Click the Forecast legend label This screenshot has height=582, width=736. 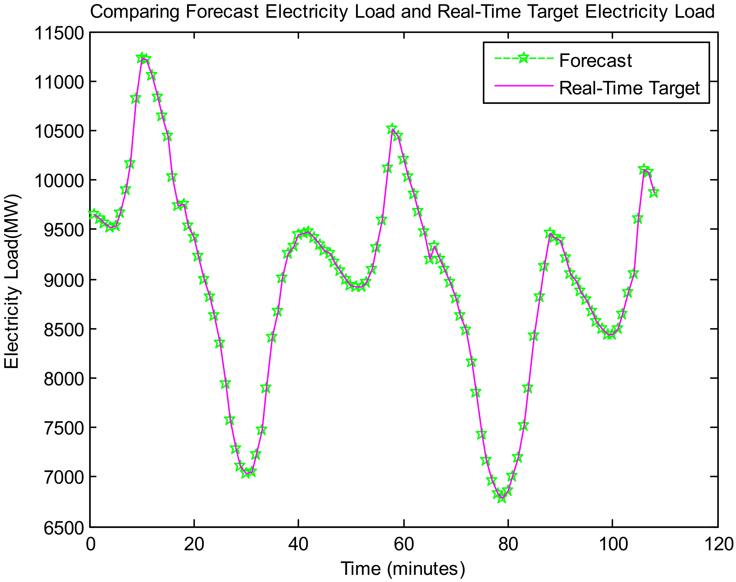click(x=595, y=61)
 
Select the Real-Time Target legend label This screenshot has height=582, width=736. click(x=629, y=88)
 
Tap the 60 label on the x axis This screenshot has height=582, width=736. click(x=404, y=544)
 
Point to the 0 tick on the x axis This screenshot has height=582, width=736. click(x=90, y=544)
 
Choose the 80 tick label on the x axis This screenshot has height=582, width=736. click(x=508, y=544)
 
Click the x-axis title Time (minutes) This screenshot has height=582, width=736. click(x=403, y=568)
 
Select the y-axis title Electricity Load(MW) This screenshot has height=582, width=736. click(x=12, y=281)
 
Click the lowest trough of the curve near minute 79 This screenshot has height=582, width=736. click(x=502, y=498)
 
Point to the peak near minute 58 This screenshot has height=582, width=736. click(x=392, y=129)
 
